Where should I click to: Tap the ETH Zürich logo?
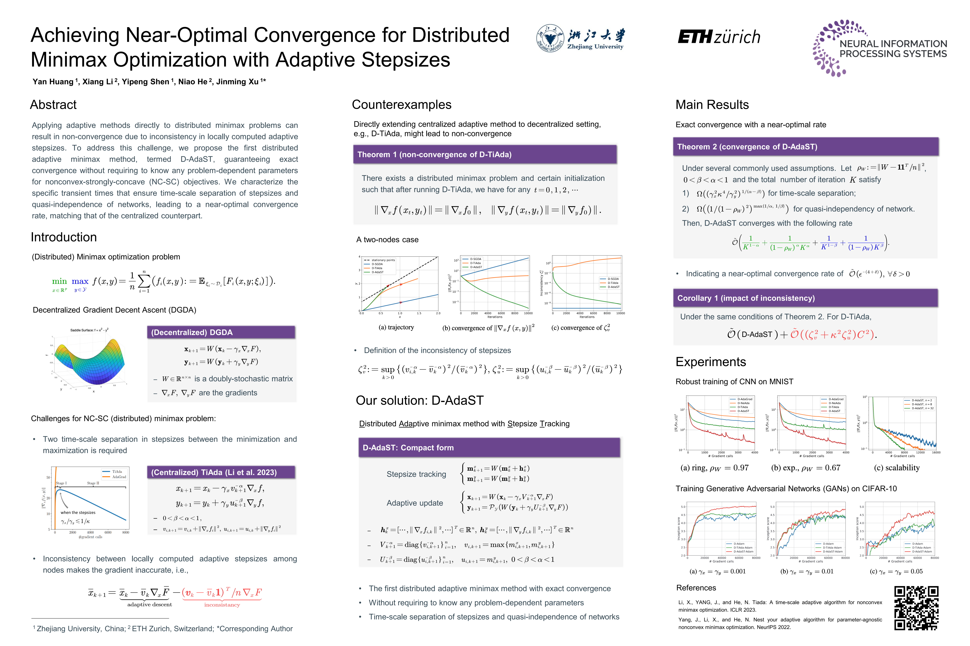(x=719, y=37)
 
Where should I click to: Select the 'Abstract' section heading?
(x=53, y=105)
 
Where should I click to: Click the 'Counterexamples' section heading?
(x=401, y=105)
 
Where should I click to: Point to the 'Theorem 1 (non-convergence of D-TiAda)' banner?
(x=485, y=155)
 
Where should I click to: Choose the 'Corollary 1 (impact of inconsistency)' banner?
(x=805, y=298)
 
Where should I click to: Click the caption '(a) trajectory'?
(x=396, y=327)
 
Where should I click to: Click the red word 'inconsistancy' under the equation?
(x=222, y=605)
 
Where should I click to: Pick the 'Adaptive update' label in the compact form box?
(x=414, y=503)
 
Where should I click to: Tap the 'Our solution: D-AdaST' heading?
(x=419, y=400)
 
